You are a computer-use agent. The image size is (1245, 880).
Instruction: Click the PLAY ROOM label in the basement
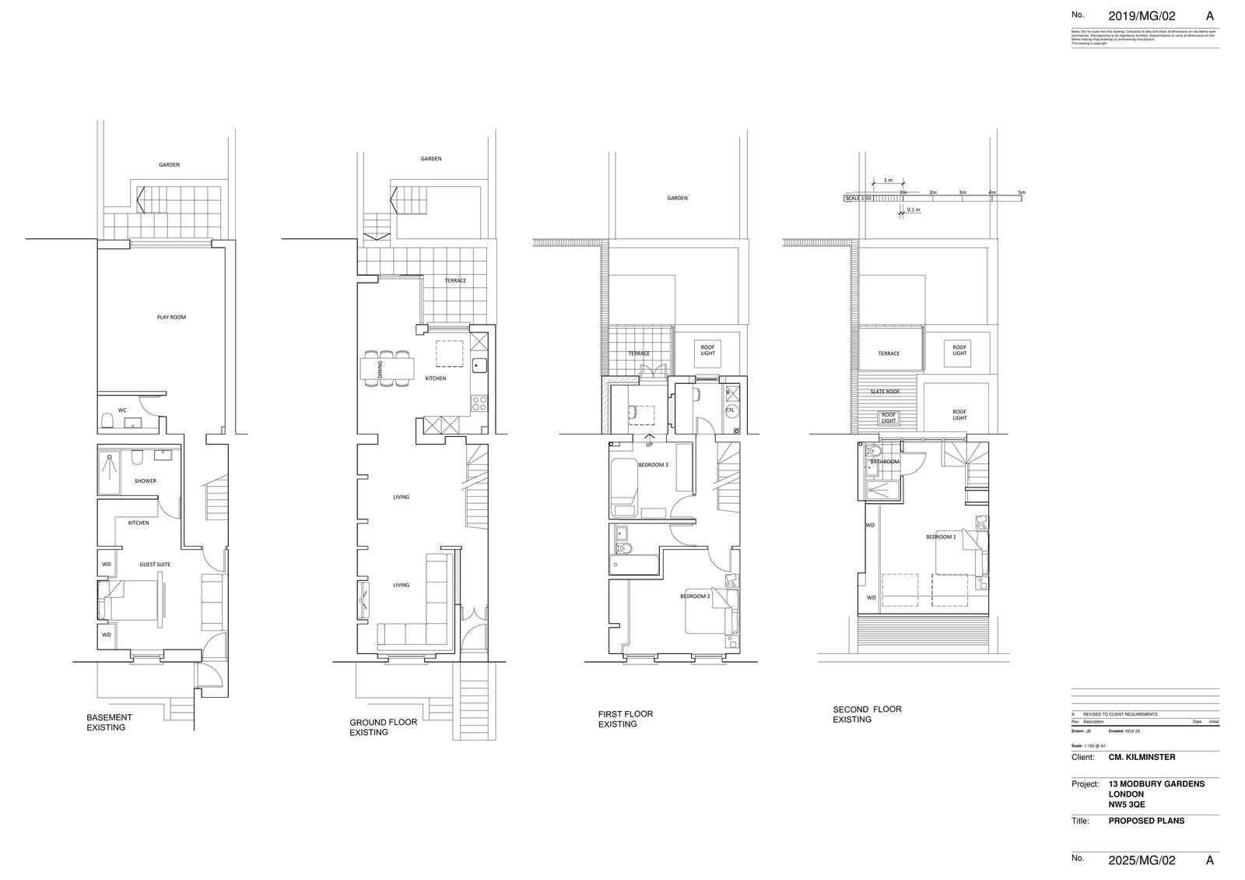click(x=171, y=318)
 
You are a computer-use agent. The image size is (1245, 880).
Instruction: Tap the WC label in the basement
click(x=122, y=410)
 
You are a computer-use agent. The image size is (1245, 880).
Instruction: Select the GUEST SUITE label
click(x=155, y=565)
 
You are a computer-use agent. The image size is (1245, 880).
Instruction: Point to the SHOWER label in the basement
click(x=146, y=481)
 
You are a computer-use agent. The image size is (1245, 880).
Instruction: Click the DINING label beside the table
click(x=381, y=369)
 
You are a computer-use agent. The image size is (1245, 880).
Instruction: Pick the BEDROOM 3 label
click(x=653, y=465)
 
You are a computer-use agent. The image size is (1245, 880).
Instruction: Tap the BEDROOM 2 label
click(x=695, y=597)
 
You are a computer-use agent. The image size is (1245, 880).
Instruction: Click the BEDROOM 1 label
click(x=941, y=537)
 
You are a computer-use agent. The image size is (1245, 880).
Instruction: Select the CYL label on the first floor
click(x=730, y=410)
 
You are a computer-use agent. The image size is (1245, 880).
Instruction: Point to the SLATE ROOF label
click(x=885, y=392)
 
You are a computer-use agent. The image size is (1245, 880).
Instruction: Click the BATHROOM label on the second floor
click(x=885, y=462)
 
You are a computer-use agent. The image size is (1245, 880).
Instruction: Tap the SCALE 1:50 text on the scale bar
click(x=858, y=199)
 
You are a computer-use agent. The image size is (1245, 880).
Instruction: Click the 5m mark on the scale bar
click(x=1022, y=192)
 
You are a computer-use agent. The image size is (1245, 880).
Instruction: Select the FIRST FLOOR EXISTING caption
click(x=626, y=719)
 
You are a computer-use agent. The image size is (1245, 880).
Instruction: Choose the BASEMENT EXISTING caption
click(x=109, y=723)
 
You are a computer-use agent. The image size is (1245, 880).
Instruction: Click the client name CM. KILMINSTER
click(x=1142, y=757)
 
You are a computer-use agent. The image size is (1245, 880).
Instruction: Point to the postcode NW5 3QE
click(x=1127, y=804)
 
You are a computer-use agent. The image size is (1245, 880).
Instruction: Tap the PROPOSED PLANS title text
click(x=1146, y=821)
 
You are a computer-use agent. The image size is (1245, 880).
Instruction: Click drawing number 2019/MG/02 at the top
click(x=1142, y=16)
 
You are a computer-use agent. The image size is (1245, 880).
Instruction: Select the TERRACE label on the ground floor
click(x=455, y=280)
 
